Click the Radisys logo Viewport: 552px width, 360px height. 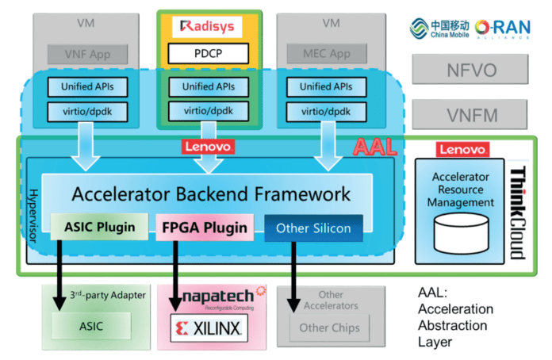(208, 27)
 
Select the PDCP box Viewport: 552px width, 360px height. (209, 55)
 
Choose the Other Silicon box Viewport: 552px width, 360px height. (312, 228)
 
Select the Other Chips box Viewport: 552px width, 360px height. (329, 327)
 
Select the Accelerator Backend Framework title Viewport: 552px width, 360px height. (211, 193)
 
